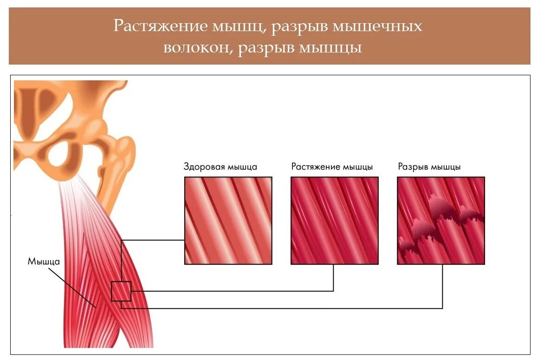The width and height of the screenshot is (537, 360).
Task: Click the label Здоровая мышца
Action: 220,167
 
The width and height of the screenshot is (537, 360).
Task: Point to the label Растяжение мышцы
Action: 332,167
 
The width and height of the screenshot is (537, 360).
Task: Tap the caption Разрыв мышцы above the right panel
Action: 429,167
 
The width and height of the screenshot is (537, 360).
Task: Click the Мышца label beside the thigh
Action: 44,261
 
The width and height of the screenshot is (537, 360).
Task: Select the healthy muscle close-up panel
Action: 228,221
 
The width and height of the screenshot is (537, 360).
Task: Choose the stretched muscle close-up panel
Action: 334,221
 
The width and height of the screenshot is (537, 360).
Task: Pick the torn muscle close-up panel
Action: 440,221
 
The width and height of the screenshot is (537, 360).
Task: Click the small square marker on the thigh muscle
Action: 121,291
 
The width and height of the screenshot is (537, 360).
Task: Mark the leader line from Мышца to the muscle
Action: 72,286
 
